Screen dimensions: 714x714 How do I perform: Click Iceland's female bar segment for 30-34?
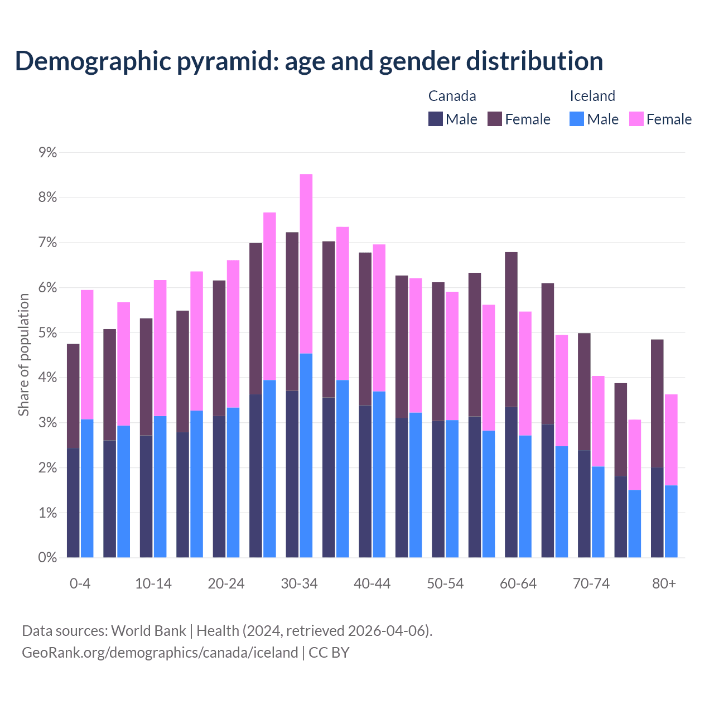[306, 264]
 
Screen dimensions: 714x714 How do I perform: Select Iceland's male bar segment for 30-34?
[306, 455]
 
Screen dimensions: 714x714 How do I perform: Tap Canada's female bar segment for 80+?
[657, 403]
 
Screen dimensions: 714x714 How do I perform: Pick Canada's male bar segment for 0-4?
[73, 503]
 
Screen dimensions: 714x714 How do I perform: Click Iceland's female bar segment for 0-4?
[87, 355]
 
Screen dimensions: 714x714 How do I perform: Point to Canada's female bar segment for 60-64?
[511, 330]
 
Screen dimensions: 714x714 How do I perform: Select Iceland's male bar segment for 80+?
[671, 521]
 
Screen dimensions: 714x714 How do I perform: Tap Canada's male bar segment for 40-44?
[365, 481]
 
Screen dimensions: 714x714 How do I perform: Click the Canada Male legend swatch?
[436, 119]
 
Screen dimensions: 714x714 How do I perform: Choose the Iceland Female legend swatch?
[636, 119]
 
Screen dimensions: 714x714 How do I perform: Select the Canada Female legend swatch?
[495, 119]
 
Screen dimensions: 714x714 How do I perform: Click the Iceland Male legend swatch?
[577, 119]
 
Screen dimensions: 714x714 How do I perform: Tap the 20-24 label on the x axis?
[226, 583]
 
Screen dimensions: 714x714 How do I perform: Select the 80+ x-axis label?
[664, 583]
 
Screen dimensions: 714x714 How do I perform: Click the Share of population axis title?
[24, 355]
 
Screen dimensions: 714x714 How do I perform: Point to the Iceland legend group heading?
[592, 96]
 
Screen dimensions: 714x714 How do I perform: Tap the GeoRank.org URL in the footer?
[160, 652]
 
